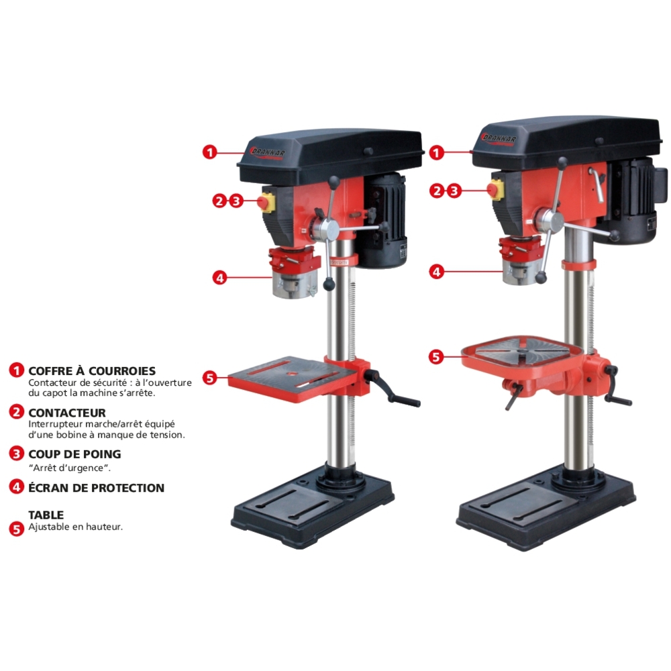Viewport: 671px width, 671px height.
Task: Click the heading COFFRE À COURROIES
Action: click(92, 371)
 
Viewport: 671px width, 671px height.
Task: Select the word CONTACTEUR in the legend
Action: click(67, 413)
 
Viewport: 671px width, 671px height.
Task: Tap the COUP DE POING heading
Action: click(74, 454)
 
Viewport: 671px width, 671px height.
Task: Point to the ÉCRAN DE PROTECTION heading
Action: click(96, 488)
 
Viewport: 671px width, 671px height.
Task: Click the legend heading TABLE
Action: click(46, 515)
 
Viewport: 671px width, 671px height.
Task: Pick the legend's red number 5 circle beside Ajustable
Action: click(17, 528)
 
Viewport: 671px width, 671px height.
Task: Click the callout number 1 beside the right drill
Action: click(437, 153)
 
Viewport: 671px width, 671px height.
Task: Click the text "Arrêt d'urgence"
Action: click(69, 468)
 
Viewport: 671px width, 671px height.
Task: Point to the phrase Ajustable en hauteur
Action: click(75, 527)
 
